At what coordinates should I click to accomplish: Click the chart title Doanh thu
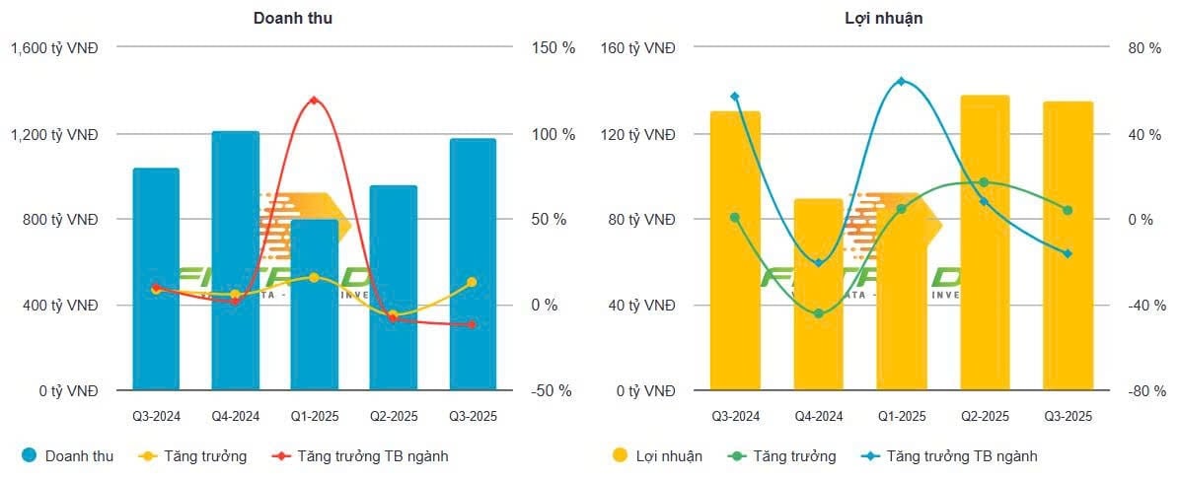[292, 18]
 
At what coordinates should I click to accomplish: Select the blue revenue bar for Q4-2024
[235, 261]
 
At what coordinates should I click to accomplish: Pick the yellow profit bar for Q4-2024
[818, 295]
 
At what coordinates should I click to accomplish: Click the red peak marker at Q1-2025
[314, 101]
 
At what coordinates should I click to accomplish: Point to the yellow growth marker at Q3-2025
[472, 282]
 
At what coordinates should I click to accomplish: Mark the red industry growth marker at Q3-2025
[472, 324]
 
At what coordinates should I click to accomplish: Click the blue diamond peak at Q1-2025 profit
[901, 81]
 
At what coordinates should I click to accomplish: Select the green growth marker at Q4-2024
[818, 313]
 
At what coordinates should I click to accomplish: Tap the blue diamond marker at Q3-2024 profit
[735, 97]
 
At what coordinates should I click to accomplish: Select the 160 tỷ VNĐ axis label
[638, 48]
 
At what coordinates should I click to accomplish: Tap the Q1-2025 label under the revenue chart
[314, 417]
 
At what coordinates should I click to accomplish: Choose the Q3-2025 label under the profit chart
[1068, 417]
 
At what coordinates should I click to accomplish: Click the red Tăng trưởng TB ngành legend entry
[365, 456]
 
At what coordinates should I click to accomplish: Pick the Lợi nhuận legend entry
[669, 456]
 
